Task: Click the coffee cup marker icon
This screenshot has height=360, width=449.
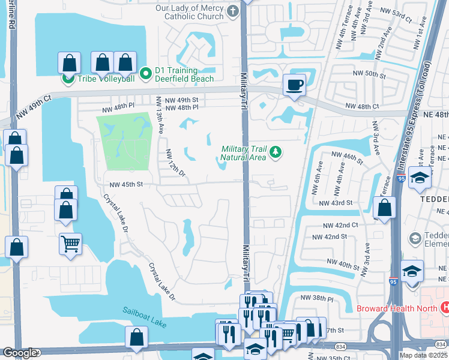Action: coord(294,85)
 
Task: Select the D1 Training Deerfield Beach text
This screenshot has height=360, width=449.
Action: coord(176,74)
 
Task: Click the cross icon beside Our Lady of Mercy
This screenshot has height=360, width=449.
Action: coord(232,10)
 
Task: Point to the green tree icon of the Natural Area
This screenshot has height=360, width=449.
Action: coord(276,152)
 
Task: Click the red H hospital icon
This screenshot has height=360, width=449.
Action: coord(445,308)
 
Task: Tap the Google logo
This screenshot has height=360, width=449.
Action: coord(19,353)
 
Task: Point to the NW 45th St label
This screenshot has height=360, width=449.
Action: coord(125,185)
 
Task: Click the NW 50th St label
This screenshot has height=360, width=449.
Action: coord(369,73)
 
